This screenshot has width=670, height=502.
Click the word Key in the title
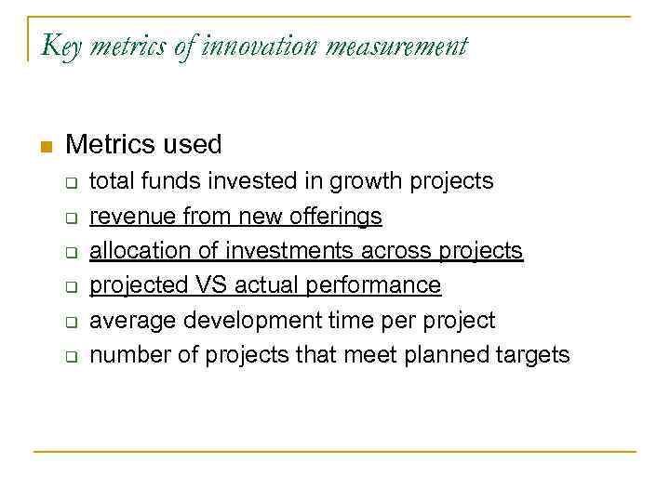tap(60, 46)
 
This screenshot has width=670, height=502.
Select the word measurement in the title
tap(401, 46)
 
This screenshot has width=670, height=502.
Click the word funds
tap(171, 180)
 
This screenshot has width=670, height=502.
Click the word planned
tap(449, 355)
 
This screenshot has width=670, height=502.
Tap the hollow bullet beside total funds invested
tap(70, 182)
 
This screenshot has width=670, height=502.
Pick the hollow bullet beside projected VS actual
tap(70, 287)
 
